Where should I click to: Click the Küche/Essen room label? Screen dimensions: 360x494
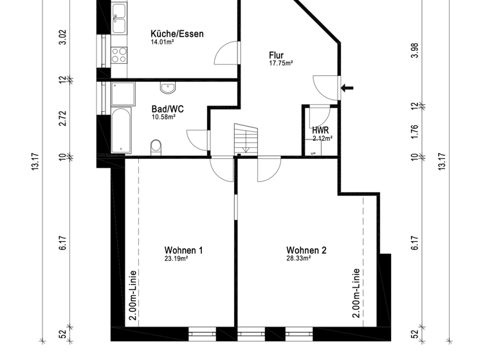coord(177,34)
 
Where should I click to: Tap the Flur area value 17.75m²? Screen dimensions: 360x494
coord(280,64)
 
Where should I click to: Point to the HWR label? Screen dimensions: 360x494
coord(321,130)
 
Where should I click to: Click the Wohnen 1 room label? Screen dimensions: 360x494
coord(183,251)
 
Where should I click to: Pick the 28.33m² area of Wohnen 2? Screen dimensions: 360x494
coord(298,258)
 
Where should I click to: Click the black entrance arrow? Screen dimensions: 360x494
coord(347,88)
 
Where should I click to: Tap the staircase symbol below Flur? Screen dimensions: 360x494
coord(245,139)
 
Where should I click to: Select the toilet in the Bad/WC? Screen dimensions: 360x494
coord(155,147)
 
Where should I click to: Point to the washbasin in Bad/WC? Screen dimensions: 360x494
coord(169,87)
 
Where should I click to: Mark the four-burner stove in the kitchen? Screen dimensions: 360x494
coord(119,55)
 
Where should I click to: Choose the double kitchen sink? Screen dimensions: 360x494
coord(119,19)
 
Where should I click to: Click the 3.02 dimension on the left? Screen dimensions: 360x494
coord(62,37)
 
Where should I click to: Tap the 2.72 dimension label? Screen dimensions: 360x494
coord(62,118)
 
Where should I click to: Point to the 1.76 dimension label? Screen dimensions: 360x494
coord(415,131)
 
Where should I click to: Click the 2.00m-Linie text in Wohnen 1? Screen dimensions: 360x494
coord(133,294)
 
